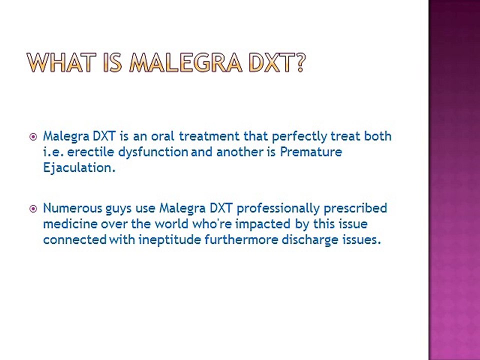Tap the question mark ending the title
pyautogui.click(x=299, y=62)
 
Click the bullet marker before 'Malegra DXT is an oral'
pyautogui.click(x=33, y=136)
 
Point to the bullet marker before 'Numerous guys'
pyautogui.click(x=33, y=208)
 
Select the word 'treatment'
pyautogui.click(x=209, y=136)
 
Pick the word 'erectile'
pyautogui.click(x=86, y=152)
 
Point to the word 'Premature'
pyautogui.click(x=310, y=152)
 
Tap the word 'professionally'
pyautogui.click(x=278, y=208)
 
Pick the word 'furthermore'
pyautogui.click(x=240, y=240)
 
